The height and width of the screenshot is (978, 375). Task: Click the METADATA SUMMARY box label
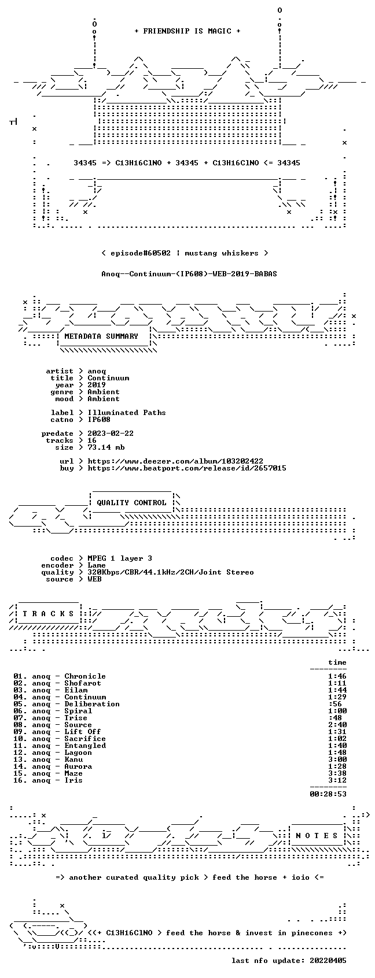(101, 336)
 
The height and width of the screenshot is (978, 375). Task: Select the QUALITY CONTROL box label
(131, 502)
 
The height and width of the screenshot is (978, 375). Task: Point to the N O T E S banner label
(317, 835)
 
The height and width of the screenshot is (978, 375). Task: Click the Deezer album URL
(175, 461)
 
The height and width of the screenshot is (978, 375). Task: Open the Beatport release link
(187, 468)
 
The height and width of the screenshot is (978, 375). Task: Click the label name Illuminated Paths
(127, 413)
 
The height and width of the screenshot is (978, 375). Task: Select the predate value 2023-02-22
(111, 434)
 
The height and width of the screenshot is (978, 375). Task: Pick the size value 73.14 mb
(106, 447)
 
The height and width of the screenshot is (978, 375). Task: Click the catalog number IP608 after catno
(99, 420)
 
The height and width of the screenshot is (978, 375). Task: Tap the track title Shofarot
(83, 683)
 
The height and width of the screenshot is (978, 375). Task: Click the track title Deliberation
(92, 704)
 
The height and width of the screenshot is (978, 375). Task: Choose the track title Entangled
(85, 746)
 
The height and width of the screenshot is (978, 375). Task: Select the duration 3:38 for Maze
(337, 773)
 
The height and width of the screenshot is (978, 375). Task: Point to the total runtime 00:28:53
(328, 794)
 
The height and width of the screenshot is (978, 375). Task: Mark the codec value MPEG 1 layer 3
(120, 558)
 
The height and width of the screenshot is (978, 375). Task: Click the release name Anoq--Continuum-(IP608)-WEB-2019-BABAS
(189, 274)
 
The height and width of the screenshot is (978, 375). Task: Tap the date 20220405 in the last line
(328, 961)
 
